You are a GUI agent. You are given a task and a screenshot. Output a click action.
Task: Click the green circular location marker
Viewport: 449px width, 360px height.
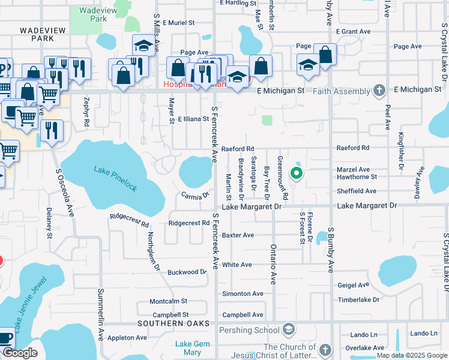click(x=296, y=174)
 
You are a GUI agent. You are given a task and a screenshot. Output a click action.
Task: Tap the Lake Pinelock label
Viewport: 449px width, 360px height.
click(x=115, y=179)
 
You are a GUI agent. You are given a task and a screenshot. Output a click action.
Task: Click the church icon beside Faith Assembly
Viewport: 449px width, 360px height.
click(x=378, y=91)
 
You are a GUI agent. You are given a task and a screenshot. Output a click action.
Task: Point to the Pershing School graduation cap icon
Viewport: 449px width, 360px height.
click(x=289, y=329)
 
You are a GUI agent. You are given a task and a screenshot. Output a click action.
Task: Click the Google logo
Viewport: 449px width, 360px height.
click(x=20, y=353)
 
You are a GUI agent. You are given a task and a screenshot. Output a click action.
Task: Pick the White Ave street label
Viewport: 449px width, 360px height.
click(x=237, y=265)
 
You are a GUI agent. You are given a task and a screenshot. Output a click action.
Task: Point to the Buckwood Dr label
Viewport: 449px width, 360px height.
click(x=187, y=272)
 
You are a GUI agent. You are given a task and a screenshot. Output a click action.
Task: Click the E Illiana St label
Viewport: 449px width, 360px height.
click(x=193, y=119)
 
